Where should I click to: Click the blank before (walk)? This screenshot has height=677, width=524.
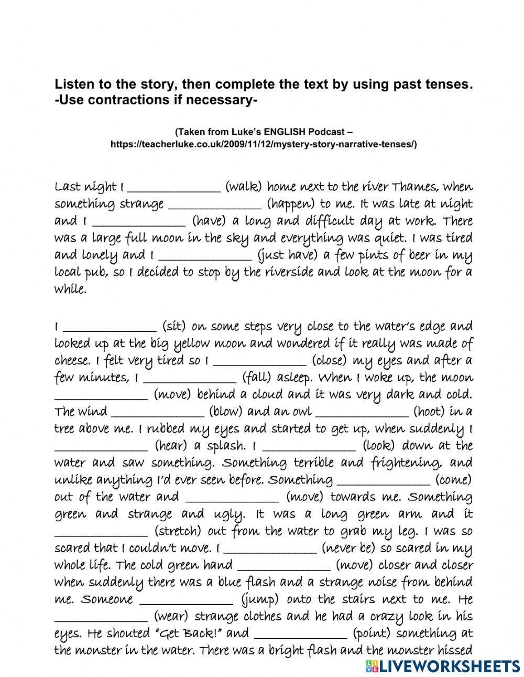click(174, 187)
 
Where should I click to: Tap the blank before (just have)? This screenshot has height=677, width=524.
click(205, 255)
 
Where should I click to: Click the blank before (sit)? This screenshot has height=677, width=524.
click(110, 327)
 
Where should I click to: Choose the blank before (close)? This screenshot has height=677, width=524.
click(260, 361)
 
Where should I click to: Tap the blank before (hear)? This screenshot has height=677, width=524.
click(101, 446)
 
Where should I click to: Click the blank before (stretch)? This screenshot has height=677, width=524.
click(101, 531)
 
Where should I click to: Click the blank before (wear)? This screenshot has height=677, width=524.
click(101, 617)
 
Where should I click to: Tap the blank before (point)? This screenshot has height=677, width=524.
click(300, 633)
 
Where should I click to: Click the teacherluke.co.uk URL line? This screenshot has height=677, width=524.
click(264, 144)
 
